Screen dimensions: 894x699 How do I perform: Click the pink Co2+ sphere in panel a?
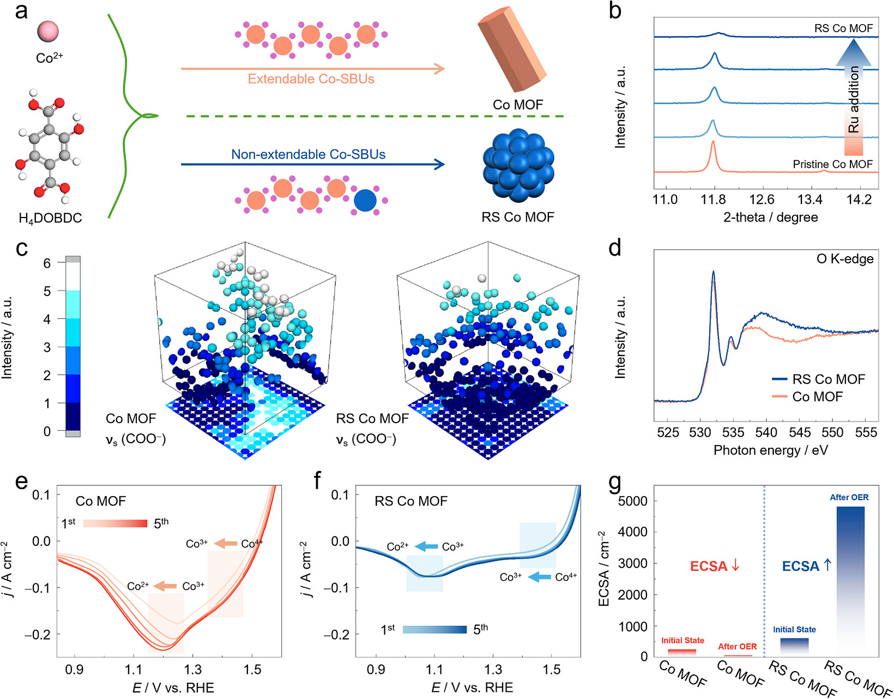tap(48, 32)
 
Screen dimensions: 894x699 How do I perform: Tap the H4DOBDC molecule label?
tap(50, 218)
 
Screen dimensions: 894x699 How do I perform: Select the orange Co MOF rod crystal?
tap(512, 49)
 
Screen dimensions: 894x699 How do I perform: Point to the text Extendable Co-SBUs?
tap(311, 79)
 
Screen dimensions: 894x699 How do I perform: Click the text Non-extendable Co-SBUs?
tap(308, 154)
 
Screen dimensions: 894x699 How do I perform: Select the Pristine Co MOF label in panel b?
tap(833, 164)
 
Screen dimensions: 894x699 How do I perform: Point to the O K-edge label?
tap(845, 259)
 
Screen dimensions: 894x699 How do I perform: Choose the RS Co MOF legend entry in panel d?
tap(818, 379)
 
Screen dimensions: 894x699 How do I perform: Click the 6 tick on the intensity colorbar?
tap(47, 262)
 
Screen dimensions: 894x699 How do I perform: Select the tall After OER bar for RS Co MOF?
tap(850, 581)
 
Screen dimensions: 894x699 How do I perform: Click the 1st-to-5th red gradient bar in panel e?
tap(115, 523)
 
